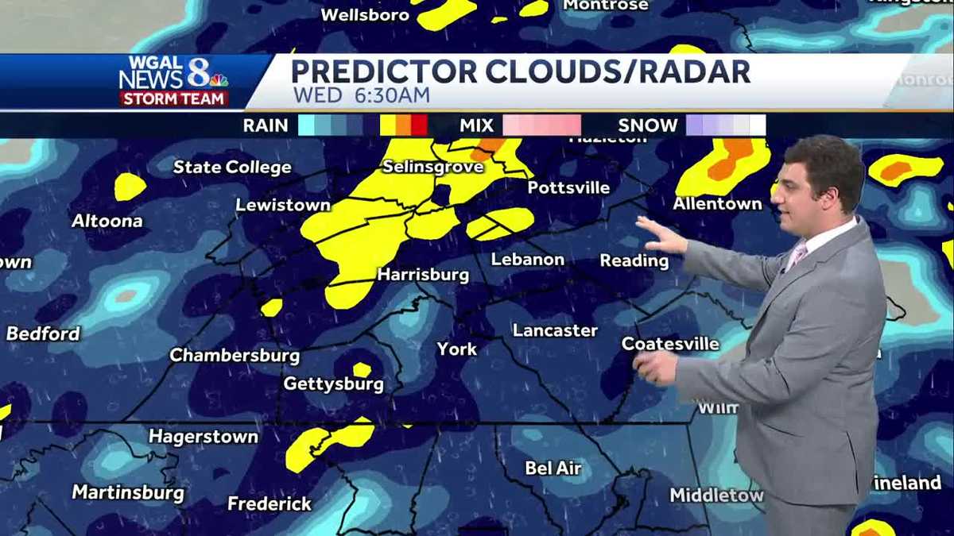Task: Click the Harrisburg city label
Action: (422, 276)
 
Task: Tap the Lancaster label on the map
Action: (555, 330)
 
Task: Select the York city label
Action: (457, 349)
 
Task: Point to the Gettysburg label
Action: (334, 384)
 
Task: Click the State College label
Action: (232, 168)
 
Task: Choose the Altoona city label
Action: (107, 221)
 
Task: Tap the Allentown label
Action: (717, 204)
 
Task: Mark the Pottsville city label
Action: (568, 188)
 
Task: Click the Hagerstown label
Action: (204, 437)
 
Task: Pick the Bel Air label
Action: (553, 469)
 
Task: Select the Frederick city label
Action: (270, 503)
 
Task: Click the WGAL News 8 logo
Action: (174, 80)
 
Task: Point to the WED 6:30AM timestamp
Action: (362, 95)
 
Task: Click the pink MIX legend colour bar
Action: (541, 125)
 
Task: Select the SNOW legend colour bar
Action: (725, 125)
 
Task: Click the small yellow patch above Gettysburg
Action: (362, 369)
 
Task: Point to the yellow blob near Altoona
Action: (130, 187)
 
